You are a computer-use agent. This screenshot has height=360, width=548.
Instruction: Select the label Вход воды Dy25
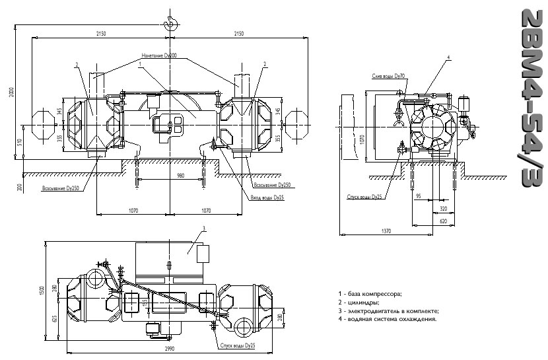click(267, 197)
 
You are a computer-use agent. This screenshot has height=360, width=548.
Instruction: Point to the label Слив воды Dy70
click(388, 76)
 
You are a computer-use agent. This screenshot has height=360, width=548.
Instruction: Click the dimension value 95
click(418, 196)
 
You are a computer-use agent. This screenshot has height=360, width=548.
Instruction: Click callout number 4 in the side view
click(448, 59)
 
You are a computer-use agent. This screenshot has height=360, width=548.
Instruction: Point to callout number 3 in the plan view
click(204, 228)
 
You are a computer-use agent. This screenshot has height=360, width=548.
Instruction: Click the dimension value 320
click(443, 208)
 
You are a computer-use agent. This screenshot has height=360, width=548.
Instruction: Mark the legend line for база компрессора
click(370, 293)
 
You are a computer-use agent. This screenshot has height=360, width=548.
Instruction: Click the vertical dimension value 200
click(20, 188)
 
